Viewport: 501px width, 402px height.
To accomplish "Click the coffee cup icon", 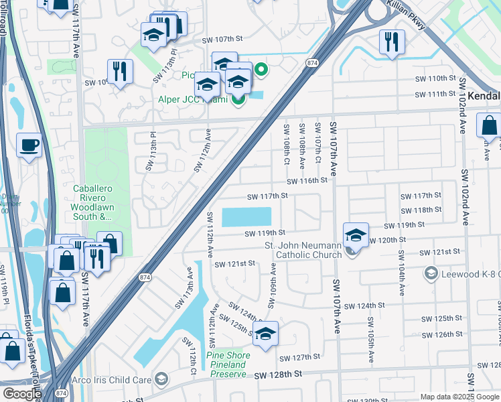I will point(29,146).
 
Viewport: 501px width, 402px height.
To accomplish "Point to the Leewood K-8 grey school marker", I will point(431,273).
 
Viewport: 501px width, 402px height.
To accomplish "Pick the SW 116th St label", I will point(307,181).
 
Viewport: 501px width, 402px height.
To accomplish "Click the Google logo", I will point(21,394).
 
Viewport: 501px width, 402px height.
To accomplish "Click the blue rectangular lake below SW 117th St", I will point(246,217).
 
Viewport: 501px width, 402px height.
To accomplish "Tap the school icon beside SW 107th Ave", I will point(356,235).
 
